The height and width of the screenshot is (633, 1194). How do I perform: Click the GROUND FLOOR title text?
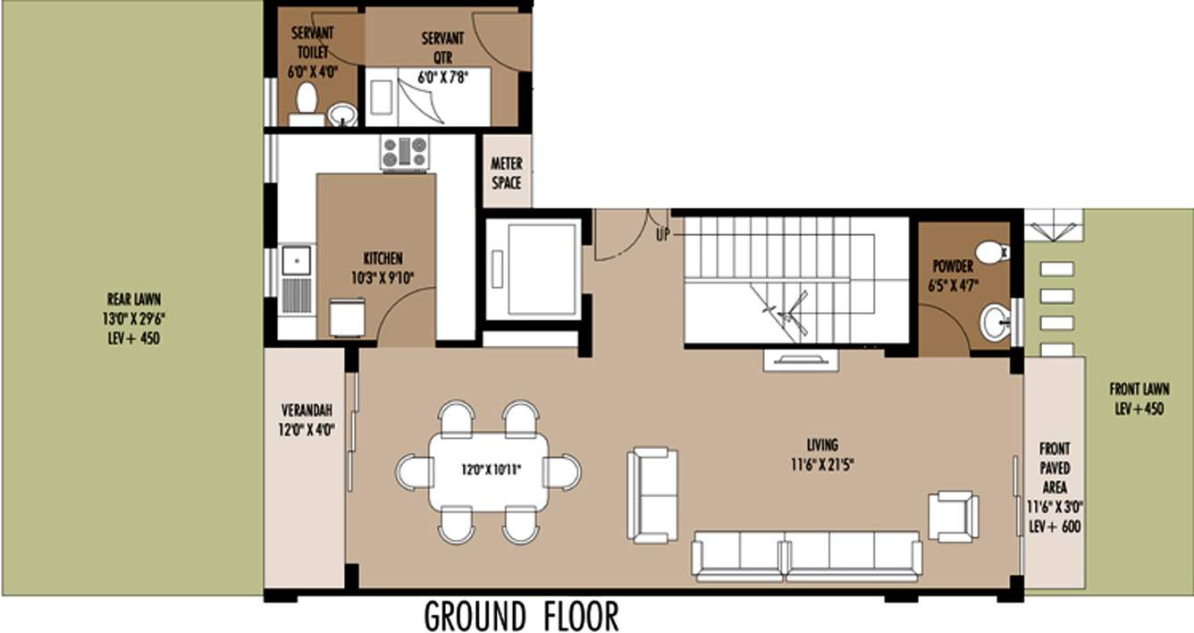521,616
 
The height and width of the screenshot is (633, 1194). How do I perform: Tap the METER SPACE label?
507,173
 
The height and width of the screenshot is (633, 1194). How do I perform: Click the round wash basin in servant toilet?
341,114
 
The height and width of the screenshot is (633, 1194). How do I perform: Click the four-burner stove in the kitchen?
405,152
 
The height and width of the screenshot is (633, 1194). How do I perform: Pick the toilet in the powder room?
990,252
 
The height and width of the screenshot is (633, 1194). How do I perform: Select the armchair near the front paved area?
953,516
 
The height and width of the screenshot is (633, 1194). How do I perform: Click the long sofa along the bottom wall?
807,554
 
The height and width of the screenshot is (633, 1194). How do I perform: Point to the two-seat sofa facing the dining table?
652,494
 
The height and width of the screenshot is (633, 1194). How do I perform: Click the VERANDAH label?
307,419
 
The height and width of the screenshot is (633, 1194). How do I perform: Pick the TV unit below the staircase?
801,359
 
